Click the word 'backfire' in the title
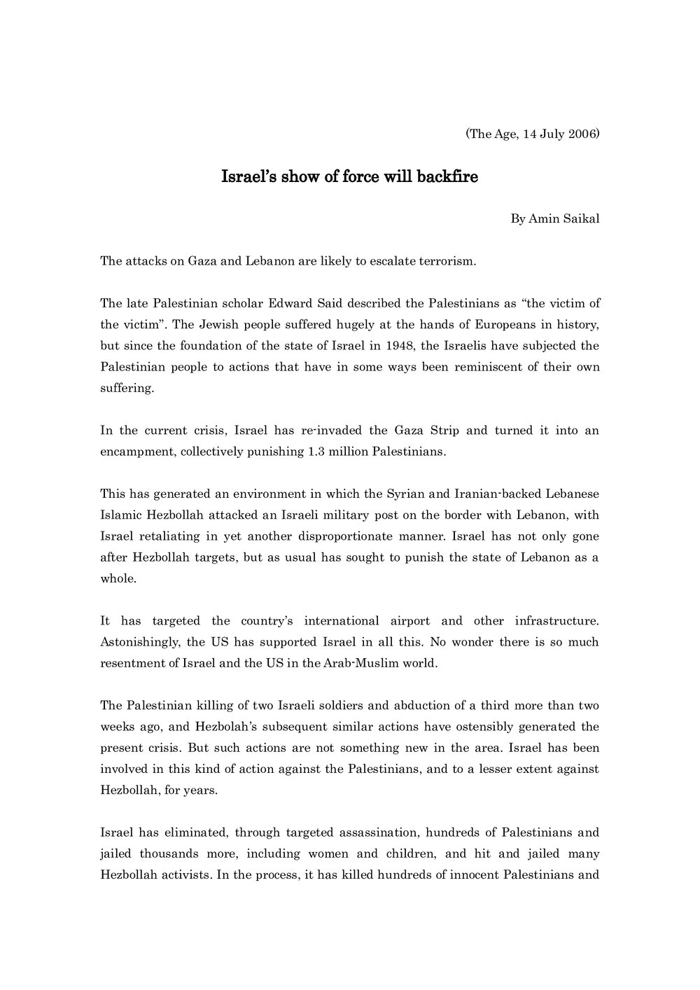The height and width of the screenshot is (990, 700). tap(447, 177)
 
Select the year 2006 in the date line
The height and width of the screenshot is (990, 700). tap(582, 134)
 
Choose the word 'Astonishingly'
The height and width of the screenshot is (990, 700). tap(139, 641)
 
